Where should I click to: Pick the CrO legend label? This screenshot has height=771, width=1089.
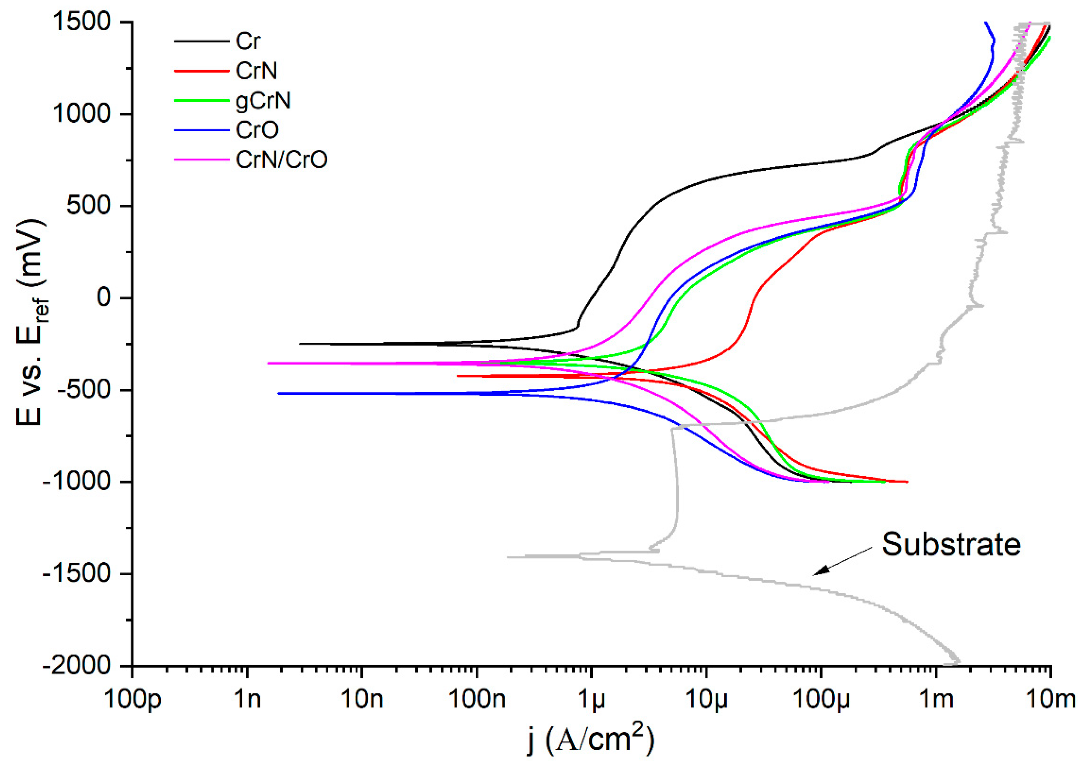click(257, 130)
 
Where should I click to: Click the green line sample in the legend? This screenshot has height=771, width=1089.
click(201, 100)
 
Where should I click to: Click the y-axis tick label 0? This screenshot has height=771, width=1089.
click(104, 298)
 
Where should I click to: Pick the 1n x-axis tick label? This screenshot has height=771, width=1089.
click(248, 700)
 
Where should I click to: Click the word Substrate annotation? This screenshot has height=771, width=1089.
click(951, 544)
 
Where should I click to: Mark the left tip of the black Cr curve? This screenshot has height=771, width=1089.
click(300, 344)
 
